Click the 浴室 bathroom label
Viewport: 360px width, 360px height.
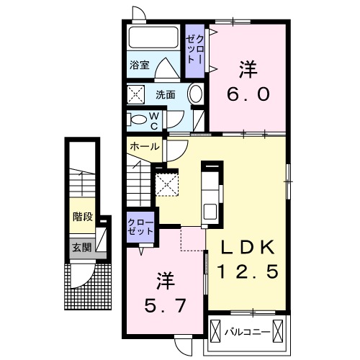[x=140, y=64]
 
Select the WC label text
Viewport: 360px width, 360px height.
[x=153, y=120]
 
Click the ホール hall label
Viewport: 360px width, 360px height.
[x=145, y=146]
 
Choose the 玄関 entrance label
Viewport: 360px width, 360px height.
[x=81, y=247]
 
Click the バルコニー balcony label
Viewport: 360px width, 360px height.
[x=245, y=333]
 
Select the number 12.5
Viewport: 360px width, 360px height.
[x=248, y=272]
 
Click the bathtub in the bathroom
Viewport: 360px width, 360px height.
[x=153, y=38]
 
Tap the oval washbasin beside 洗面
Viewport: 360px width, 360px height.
[x=195, y=94]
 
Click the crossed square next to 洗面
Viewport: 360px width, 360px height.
[x=136, y=94]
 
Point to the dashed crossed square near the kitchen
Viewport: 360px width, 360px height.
[x=168, y=184]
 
